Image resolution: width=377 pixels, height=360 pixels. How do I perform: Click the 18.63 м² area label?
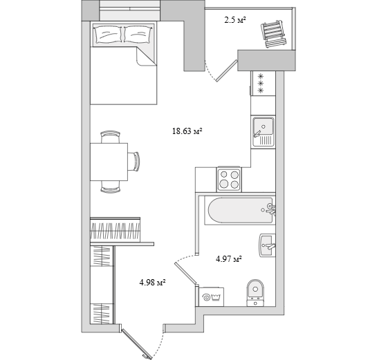pyautogui.click(x=187, y=131)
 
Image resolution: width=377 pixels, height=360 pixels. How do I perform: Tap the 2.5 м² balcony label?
pyautogui.click(x=235, y=20)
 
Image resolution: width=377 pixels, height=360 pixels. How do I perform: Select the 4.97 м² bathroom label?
pyautogui.click(x=229, y=259)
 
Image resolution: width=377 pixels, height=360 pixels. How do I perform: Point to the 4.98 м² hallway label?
pyautogui.click(x=152, y=282)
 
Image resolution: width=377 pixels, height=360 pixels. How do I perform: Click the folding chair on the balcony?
pyautogui.click(x=274, y=34)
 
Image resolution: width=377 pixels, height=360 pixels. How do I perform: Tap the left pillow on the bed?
pyautogui.click(x=109, y=35)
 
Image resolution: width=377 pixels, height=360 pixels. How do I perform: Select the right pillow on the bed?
pyautogui.click(x=138, y=35)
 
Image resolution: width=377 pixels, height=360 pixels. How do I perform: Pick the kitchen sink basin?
pyautogui.click(x=263, y=126)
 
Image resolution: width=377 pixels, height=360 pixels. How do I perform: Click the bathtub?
pyautogui.click(x=240, y=211)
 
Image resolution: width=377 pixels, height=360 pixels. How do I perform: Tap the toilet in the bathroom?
pyautogui.click(x=255, y=293)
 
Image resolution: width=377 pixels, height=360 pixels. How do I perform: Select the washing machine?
pyautogui.click(x=212, y=297)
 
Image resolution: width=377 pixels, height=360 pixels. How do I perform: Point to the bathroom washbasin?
pyautogui.click(x=267, y=245)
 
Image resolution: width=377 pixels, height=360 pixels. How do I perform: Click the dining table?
pyautogui.click(x=109, y=162)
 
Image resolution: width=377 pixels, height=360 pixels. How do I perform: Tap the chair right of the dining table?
pyautogui.click(x=134, y=162)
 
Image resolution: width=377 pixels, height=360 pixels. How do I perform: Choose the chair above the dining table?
pyautogui.click(x=111, y=137)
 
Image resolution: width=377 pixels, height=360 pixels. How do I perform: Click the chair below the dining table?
pyautogui.click(x=111, y=187)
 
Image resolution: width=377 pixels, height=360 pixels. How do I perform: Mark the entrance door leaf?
pyautogui.click(x=136, y=344)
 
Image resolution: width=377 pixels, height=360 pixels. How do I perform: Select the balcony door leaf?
pyautogui.click(x=227, y=71)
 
